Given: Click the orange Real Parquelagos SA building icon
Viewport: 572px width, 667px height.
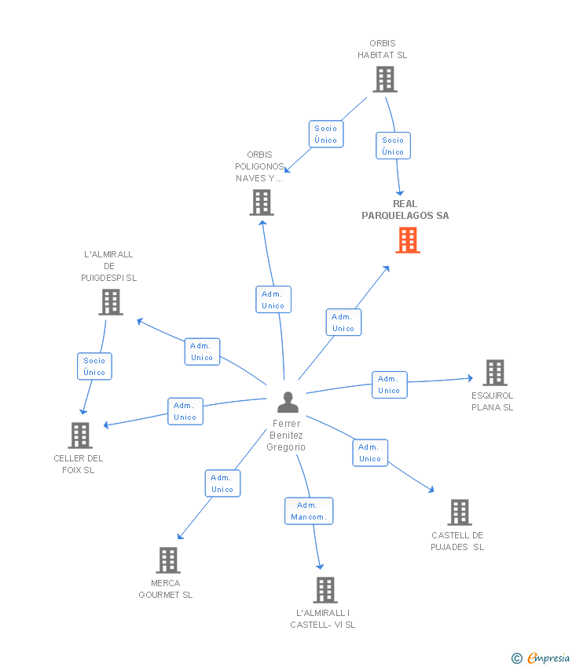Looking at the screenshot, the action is click(407, 240).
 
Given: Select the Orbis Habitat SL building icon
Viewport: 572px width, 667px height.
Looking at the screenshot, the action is click(385, 79).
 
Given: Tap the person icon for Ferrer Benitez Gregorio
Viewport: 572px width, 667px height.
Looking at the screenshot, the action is click(288, 403).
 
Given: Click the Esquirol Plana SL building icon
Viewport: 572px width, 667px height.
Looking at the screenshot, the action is click(494, 373).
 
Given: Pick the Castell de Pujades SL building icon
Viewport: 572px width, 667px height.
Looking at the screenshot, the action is click(460, 512).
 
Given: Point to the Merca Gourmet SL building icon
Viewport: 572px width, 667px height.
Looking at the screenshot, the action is click(168, 560).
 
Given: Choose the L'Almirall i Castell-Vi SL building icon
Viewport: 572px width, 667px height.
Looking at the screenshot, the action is click(324, 590).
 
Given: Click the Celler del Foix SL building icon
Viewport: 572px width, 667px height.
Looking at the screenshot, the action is click(80, 436).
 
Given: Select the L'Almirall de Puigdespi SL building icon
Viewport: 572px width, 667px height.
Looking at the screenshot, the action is click(111, 302).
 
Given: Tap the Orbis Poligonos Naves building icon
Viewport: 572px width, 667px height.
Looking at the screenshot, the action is click(262, 202).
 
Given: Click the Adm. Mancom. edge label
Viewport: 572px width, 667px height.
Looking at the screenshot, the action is click(309, 511).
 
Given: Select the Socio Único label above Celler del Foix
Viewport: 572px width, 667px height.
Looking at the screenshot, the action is click(94, 366).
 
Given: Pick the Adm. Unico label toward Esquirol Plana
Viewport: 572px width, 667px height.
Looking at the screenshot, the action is click(389, 385).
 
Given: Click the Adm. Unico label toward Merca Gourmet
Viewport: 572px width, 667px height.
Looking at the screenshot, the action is click(222, 483).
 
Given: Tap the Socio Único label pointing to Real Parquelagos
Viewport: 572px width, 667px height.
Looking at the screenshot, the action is click(393, 146).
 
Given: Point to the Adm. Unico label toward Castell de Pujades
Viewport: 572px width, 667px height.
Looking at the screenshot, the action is click(369, 453).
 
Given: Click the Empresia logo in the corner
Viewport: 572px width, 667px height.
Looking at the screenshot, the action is click(541, 658).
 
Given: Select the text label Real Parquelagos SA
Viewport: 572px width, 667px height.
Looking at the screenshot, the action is click(405, 210).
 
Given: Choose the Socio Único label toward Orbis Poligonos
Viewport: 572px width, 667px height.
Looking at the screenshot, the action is click(325, 134).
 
